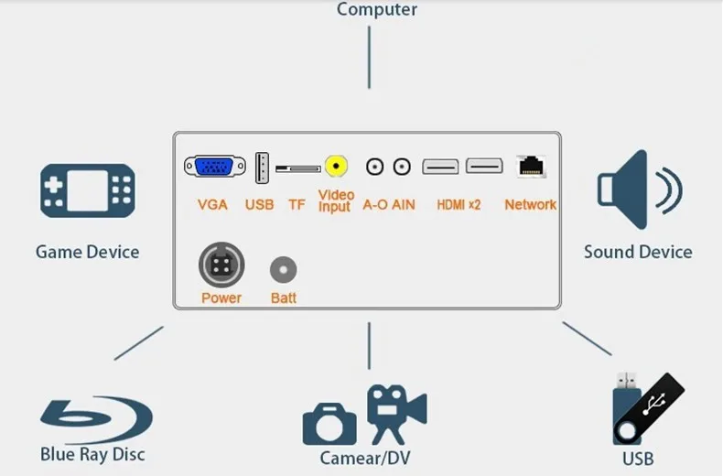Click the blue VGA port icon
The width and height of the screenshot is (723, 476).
(215, 166)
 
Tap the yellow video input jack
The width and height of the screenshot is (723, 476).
(336, 166)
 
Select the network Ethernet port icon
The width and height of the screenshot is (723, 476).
(532, 167)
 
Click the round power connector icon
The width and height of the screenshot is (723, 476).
(221, 265)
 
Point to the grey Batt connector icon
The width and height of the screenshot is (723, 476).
(283, 269)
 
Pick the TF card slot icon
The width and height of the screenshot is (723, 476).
(297, 168)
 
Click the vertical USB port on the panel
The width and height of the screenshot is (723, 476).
(262, 168)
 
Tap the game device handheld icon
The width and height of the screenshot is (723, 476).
(88, 190)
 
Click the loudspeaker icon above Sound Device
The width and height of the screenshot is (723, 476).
(640, 189)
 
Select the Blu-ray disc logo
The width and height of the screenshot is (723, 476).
(96, 419)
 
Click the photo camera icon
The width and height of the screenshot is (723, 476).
(329, 424)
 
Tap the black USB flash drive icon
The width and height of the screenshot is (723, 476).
(649, 409)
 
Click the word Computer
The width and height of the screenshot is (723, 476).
(377, 9)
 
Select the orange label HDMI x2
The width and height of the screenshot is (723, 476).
(459, 204)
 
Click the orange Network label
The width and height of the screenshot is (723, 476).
(530, 204)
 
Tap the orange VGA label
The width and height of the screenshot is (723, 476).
(212, 204)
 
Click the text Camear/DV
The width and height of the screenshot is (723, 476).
(365, 458)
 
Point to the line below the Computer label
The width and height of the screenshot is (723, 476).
(369, 57)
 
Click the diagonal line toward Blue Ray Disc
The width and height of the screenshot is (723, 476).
(139, 343)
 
